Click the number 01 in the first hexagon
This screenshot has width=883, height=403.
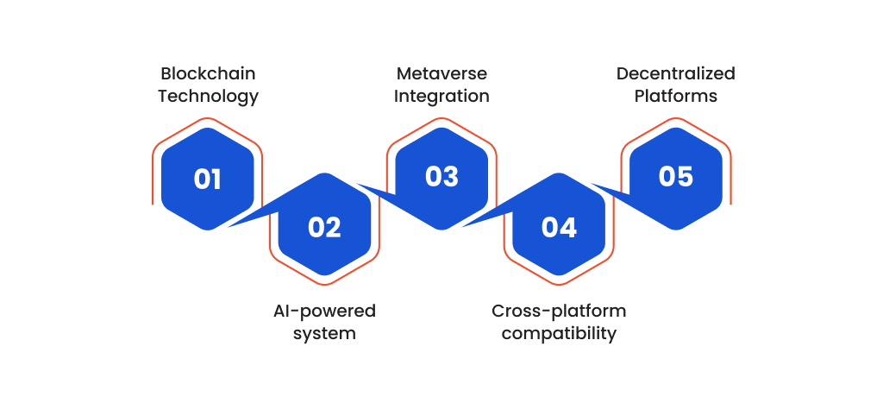click(207, 179)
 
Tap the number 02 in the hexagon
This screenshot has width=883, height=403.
click(324, 227)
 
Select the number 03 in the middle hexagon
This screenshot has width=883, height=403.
click(442, 176)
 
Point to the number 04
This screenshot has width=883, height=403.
click(559, 227)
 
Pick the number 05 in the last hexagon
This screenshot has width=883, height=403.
click(676, 176)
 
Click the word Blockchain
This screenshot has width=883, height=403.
click(208, 74)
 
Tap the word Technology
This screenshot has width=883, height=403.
click(208, 97)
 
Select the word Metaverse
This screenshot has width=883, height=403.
click(441, 74)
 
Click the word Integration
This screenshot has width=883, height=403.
click(441, 97)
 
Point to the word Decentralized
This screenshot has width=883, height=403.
click(676, 74)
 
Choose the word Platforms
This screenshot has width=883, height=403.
click(676, 97)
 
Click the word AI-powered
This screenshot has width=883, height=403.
click(324, 312)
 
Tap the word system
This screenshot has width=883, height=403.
click(324, 334)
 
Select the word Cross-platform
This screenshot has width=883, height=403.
click(559, 312)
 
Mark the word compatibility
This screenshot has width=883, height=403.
click(559, 334)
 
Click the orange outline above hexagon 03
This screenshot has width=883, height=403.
click(441, 118)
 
